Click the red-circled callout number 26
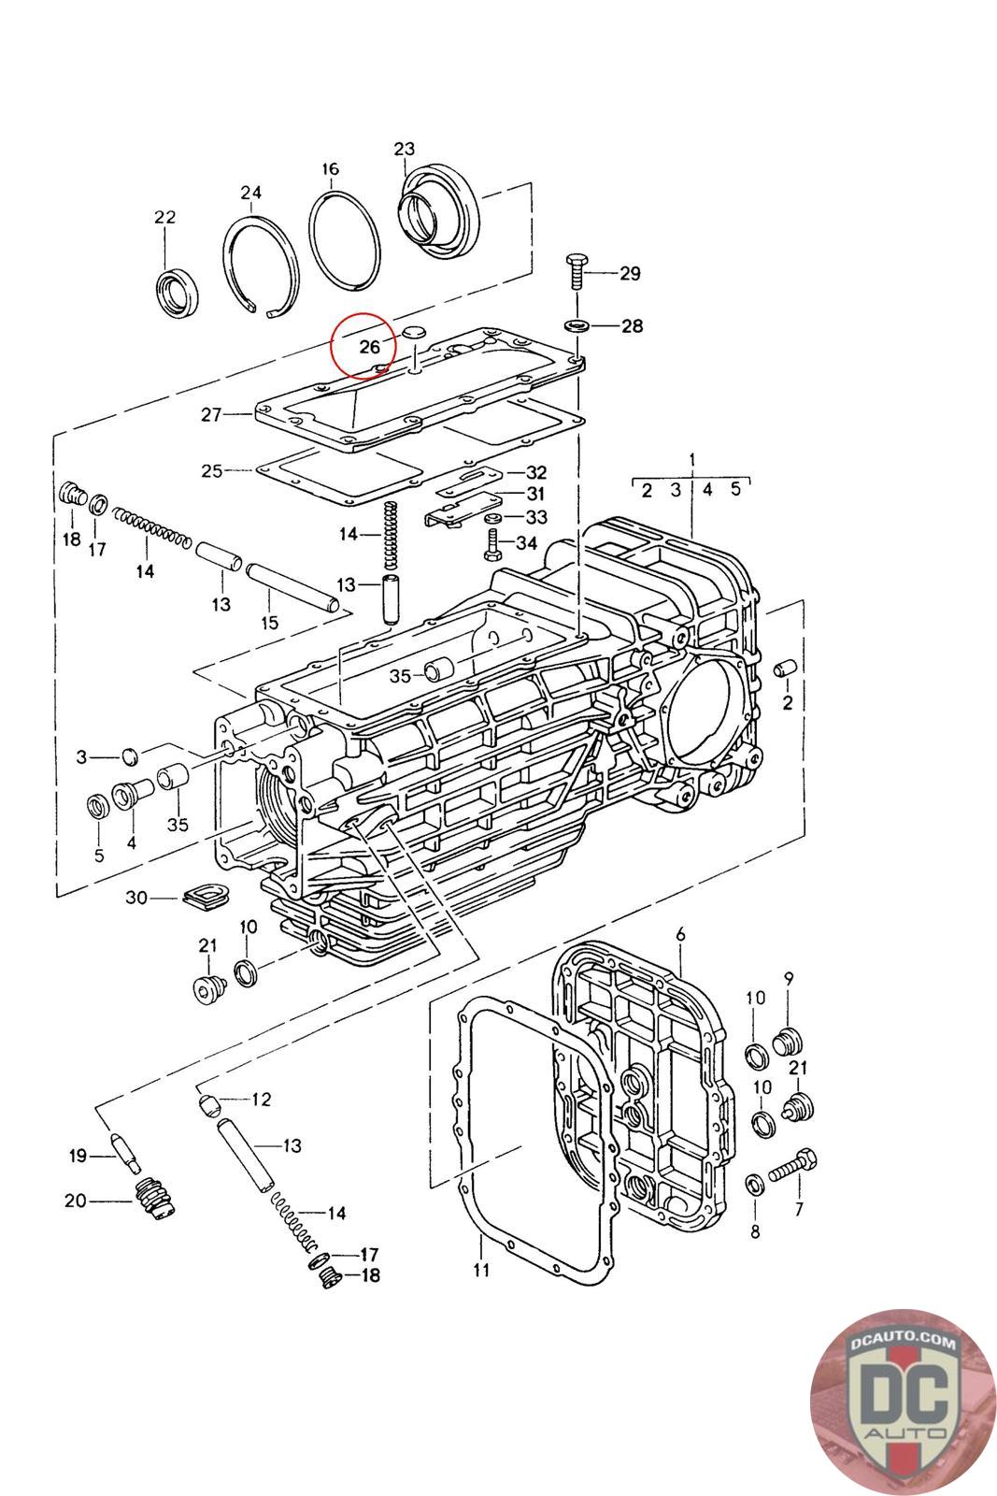(x=370, y=347)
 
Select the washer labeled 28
(x=577, y=325)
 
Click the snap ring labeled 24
(x=261, y=266)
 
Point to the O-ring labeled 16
(x=345, y=242)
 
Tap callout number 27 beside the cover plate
(x=210, y=414)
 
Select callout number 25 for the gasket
(x=211, y=470)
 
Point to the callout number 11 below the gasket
(x=481, y=1270)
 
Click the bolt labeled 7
(x=793, y=1166)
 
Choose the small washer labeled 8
(x=753, y=1186)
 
